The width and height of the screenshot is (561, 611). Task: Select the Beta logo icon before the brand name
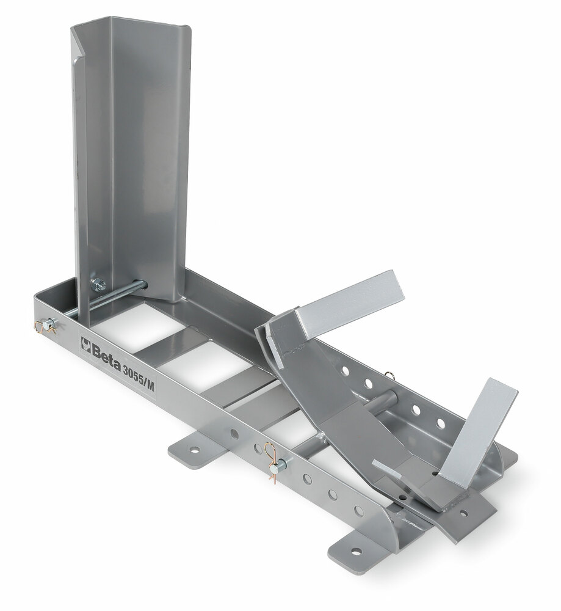pyautogui.click(x=85, y=344)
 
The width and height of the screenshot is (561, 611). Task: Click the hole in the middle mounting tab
pyautogui.click(x=193, y=450)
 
